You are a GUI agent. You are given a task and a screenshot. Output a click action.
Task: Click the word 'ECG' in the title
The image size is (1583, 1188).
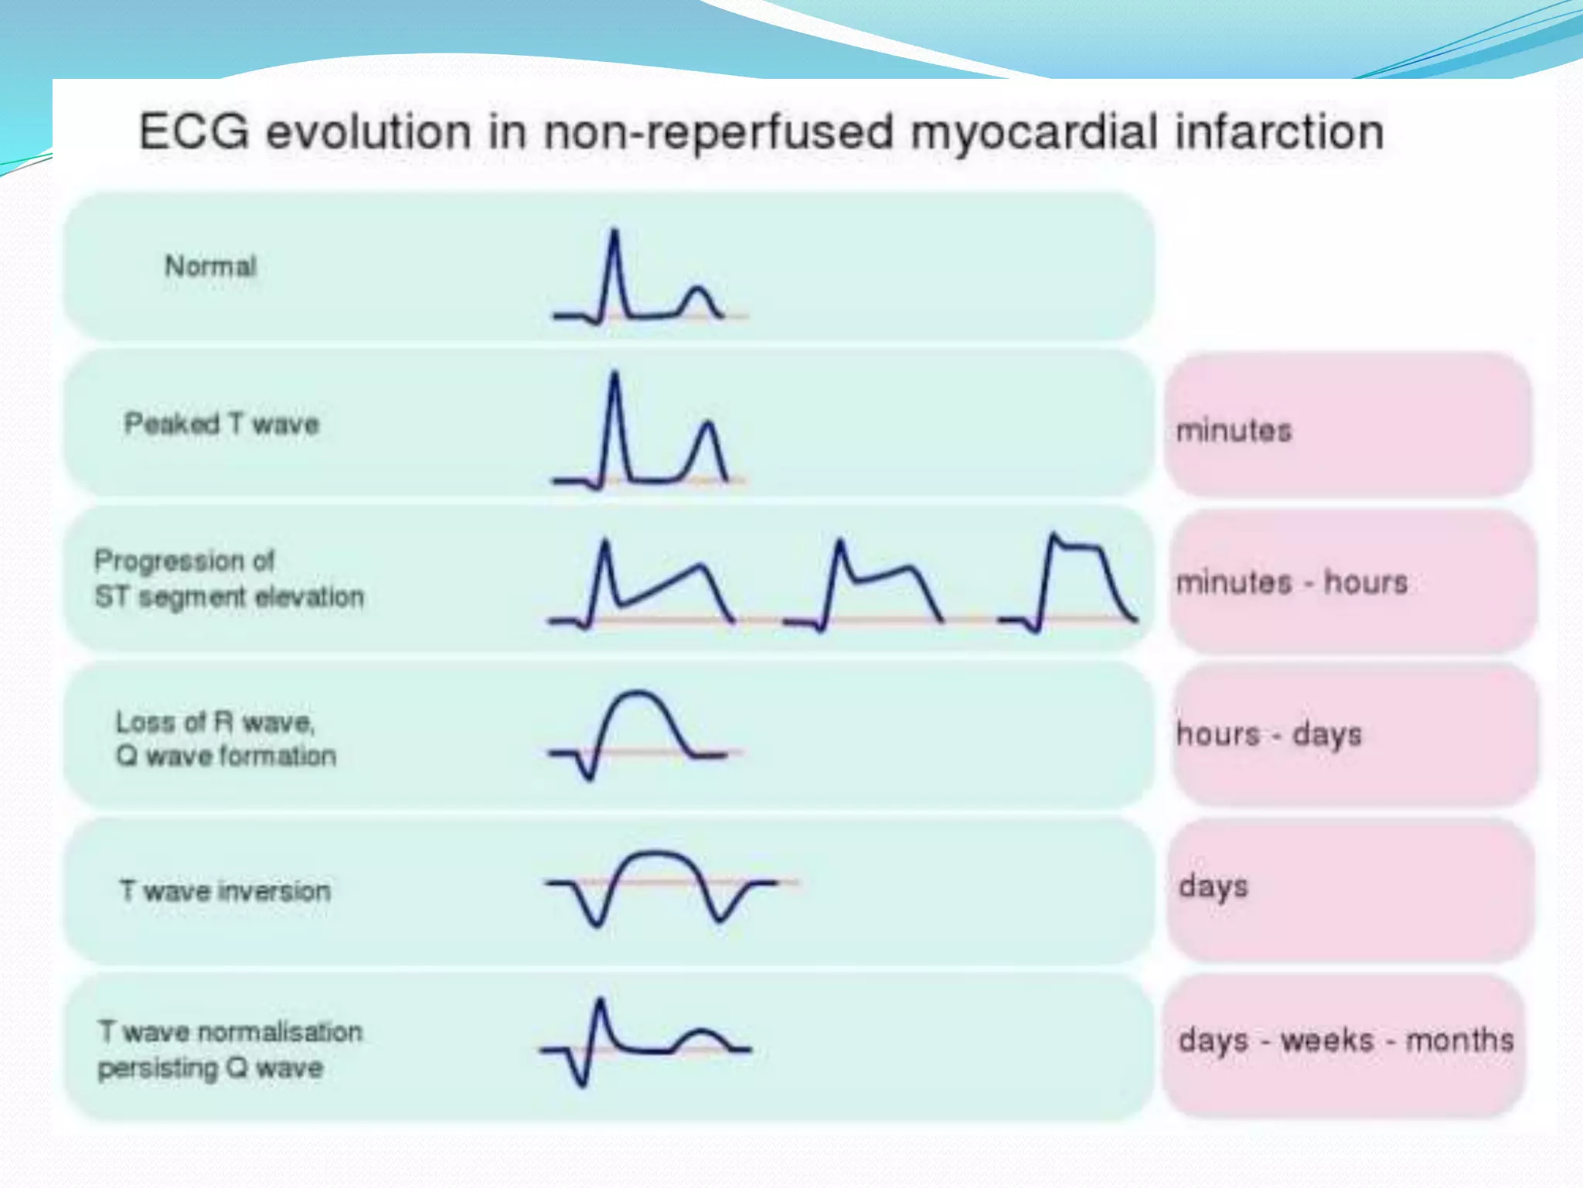194,131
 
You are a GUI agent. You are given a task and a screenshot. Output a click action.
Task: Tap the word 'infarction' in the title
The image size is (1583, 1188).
1279,131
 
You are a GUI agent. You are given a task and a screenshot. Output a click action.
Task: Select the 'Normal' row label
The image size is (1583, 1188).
210,267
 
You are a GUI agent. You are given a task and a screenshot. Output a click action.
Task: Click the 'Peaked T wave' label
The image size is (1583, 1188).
222,424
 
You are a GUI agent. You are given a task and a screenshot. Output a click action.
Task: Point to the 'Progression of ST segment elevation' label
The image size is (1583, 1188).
229,579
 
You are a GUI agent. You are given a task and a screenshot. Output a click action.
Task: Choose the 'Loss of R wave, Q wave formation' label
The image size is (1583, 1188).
226,739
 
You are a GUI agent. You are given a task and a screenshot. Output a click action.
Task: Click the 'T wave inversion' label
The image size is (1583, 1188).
225,891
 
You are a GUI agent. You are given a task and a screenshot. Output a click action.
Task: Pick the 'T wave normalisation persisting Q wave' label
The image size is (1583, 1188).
230,1050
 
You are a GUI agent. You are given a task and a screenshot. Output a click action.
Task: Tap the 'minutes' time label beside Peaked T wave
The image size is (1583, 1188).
1234,430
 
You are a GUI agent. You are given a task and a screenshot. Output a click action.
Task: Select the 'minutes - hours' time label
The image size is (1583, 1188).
1292,582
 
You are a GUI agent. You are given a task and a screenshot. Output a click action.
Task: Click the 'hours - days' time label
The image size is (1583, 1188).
1268,734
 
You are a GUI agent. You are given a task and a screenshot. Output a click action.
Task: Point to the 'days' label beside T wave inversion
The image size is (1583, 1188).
1214,886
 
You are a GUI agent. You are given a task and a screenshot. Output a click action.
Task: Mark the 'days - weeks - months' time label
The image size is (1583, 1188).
1346,1040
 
